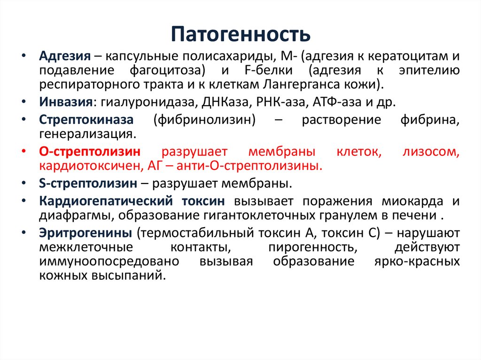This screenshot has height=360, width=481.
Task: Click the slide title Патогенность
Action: click(x=240, y=35)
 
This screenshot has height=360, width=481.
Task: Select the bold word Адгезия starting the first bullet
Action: click(x=64, y=57)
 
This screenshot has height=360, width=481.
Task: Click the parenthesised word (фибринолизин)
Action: click(x=204, y=120)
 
